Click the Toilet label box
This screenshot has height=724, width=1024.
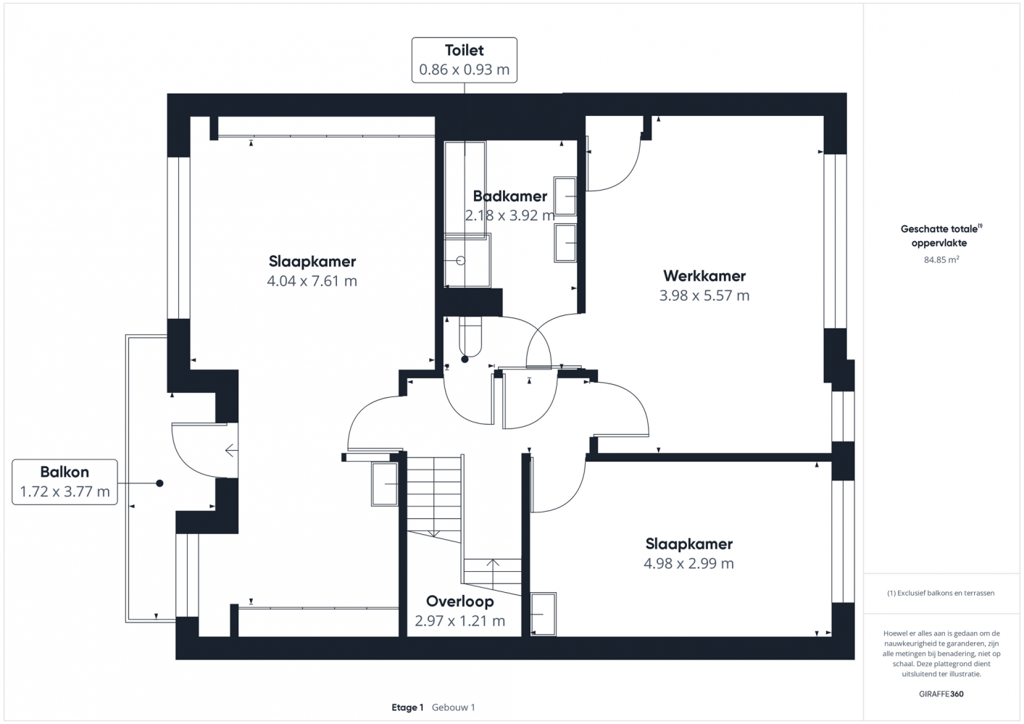(x=464, y=60)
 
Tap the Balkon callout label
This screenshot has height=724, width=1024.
(x=64, y=482)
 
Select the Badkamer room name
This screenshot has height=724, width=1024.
(x=509, y=196)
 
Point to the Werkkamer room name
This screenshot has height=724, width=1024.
(x=704, y=275)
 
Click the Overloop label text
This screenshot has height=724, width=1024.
(x=460, y=602)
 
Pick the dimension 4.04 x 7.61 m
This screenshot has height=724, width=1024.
(x=312, y=280)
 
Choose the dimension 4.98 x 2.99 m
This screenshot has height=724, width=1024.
(x=688, y=563)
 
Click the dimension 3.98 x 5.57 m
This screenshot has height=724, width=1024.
(x=704, y=295)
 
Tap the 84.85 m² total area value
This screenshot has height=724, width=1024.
(x=941, y=259)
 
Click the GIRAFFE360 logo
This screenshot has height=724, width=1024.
(x=941, y=694)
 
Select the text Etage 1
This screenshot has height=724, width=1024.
(x=407, y=707)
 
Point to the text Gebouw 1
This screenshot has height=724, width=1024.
(x=454, y=707)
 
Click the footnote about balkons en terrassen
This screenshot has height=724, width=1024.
(x=941, y=593)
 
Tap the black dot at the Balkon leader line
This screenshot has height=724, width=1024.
(x=159, y=483)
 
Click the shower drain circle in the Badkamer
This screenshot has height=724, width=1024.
(x=461, y=260)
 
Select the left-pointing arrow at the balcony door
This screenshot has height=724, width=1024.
(x=231, y=451)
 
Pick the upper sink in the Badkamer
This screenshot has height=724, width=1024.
(x=565, y=196)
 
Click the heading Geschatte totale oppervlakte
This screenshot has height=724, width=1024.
(x=941, y=236)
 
